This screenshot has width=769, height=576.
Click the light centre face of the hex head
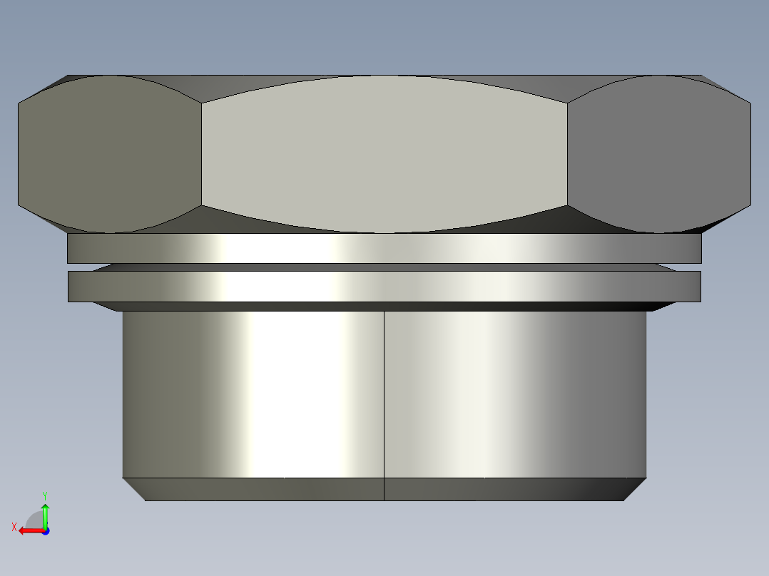pyautogui.click(x=385, y=154)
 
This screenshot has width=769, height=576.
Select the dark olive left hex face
pyautogui.click(x=110, y=154)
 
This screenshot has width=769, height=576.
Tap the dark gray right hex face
pyautogui.click(x=658, y=154)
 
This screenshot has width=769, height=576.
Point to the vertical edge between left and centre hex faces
pyautogui.click(x=202, y=154)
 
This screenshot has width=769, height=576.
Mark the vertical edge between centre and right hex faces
pyautogui.click(x=567, y=154)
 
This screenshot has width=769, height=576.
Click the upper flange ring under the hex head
pyautogui.click(x=385, y=248)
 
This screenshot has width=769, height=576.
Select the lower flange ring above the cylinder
pyautogui.click(x=385, y=287)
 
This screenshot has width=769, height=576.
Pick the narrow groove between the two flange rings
pyautogui.click(x=385, y=267)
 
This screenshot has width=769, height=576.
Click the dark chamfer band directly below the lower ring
pyautogui.click(x=385, y=307)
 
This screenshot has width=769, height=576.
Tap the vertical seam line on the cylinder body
pyautogui.click(x=384, y=406)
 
